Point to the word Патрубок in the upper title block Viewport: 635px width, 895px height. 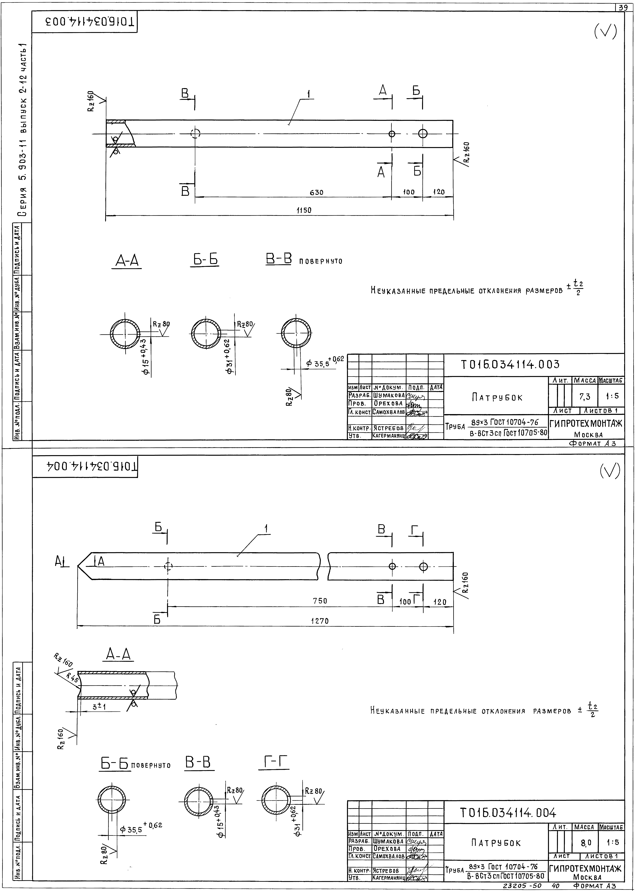(x=497, y=397)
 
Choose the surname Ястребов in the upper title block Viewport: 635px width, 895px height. (x=388, y=428)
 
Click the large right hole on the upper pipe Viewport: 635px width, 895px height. (x=422, y=133)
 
